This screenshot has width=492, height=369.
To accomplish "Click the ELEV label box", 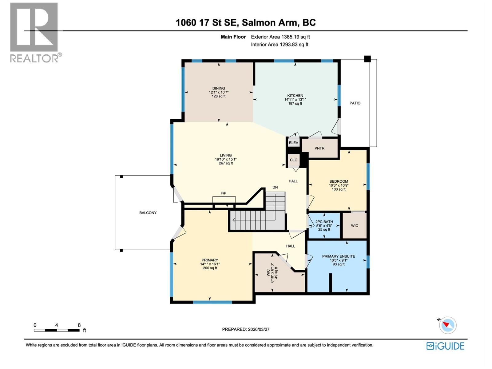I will (x=293, y=143).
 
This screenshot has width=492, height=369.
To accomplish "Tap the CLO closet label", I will (x=293, y=160).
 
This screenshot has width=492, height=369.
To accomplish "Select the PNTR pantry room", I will (x=319, y=148).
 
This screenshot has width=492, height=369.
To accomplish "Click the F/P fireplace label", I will (x=224, y=193).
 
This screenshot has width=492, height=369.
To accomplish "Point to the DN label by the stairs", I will (x=275, y=187).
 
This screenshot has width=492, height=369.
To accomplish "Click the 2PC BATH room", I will (x=324, y=225).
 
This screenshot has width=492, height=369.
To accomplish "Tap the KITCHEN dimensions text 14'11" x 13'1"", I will (x=295, y=100).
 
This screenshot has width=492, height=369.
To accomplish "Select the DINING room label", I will (x=219, y=89).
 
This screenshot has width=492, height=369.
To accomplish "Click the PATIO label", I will (x=355, y=103).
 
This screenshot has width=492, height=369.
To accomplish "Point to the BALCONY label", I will (x=148, y=213).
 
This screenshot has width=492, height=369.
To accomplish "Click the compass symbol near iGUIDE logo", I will (x=448, y=325).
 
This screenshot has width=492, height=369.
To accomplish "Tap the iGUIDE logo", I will (x=445, y=346).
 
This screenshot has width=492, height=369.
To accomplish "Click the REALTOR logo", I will (x=34, y=32).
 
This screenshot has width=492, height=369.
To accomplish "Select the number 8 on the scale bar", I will (x=79, y=325).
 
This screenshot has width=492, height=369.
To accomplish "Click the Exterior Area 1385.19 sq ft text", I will (x=280, y=37).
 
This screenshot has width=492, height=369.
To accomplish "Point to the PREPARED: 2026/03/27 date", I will (x=246, y=329).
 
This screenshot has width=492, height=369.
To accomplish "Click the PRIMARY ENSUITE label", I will (x=338, y=256).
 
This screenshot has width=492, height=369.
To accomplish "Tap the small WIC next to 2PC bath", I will (x=355, y=226).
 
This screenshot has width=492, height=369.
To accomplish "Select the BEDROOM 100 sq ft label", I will (x=339, y=189).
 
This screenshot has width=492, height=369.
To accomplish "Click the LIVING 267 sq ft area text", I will (x=225, y=163).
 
